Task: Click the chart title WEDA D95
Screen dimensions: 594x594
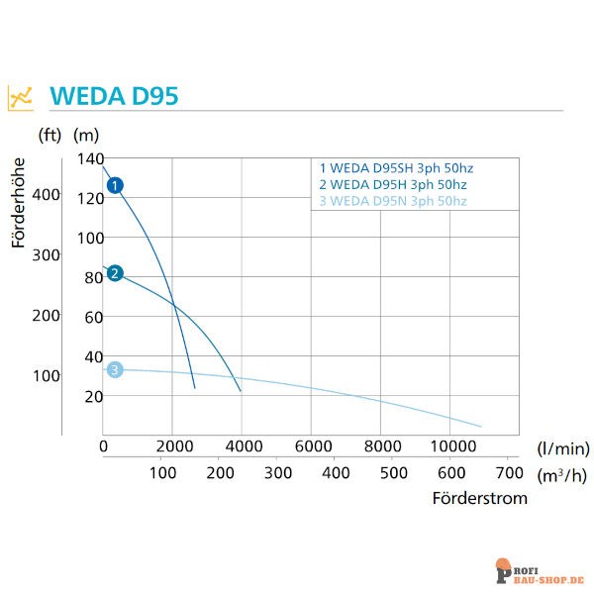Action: click(x=113, y=97)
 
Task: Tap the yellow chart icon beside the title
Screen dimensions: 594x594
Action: click(x=21, y=97)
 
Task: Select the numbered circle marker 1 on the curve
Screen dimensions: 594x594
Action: click(x=115, y=185)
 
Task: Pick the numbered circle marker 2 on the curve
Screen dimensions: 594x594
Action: click(x=115, y=273)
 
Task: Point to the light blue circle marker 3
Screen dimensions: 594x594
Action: click(x=115, y=370)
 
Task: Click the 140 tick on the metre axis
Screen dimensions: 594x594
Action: click(x=90, y=159)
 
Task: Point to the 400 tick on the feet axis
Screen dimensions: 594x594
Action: click(x=47, y=195)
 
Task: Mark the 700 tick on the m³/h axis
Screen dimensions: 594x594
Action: click(x=508, y=472)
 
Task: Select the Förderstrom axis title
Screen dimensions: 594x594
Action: click(x=479, y=498)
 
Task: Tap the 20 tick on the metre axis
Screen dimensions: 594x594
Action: click(x=93, y=397)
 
